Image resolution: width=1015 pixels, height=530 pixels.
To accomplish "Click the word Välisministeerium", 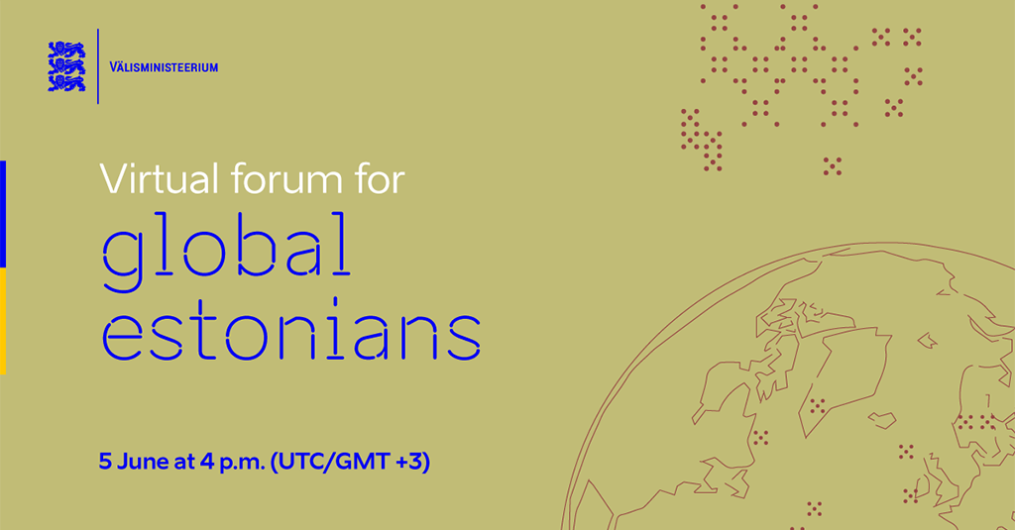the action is coord(164,66).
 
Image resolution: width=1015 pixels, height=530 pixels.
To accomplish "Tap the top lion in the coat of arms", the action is coord(66,50).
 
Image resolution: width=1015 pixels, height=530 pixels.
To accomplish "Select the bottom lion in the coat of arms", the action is coord(66,83).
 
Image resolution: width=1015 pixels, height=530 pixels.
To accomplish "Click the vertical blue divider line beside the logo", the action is coord(98,66).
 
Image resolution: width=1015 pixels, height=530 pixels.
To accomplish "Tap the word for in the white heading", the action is coord(379,178).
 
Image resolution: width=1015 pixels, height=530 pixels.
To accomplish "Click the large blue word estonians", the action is coord(291,330).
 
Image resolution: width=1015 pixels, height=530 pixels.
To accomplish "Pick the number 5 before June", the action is coord(105,462).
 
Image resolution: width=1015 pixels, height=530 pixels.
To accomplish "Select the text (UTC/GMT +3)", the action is coord(350,462).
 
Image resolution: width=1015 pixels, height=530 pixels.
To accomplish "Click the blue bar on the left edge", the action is coord(3,214).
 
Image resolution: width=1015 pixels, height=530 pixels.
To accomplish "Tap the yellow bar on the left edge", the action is coord(3,321).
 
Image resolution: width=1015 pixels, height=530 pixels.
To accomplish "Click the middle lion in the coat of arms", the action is coord(66,66).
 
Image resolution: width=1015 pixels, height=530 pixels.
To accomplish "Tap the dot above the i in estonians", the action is coord(335,302).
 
